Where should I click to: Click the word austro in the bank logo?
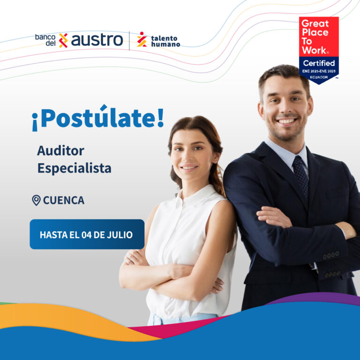coord(97,40)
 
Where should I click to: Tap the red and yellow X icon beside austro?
coord(63,40)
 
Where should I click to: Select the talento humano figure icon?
coord(142,39)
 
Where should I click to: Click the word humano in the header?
coord(165,44)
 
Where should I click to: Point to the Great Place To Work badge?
coord(319,50)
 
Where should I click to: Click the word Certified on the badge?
coord(319,63)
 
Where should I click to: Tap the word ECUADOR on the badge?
coord(319,77)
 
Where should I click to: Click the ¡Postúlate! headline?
coord(98,118)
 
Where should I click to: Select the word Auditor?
coord(60,151)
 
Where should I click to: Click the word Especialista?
coord(75,168)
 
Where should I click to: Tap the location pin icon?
coord(36,200)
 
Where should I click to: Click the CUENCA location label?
coord(64,200)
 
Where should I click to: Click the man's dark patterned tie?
coord(301,175)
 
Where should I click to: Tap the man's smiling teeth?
coord(286,121)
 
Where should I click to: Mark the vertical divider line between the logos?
coord(129,41)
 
